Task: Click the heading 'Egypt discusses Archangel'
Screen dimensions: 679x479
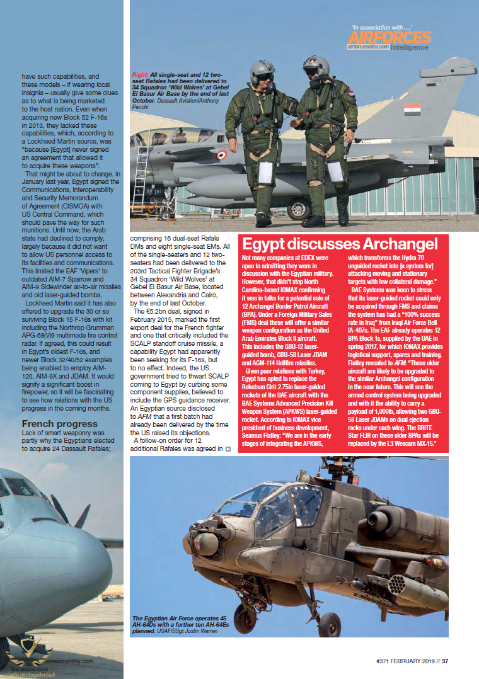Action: pos(340,244)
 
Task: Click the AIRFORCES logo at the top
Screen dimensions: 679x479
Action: pos(389,38)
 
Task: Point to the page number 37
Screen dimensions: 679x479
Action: pos(444,661)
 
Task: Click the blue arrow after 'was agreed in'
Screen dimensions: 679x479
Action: pos(228,449)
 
